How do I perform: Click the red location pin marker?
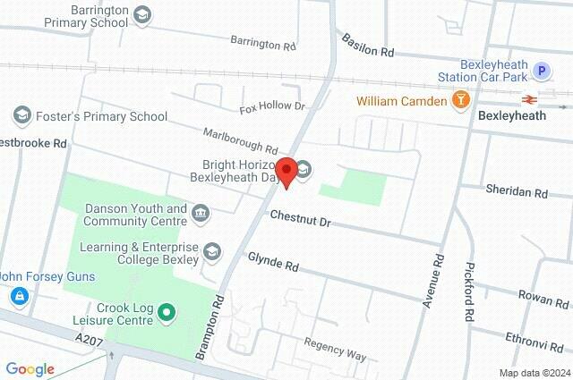(286, 171)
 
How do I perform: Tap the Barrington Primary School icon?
(142, 15)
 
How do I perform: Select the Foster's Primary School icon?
(21, 115)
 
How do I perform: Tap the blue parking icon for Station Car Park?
(541, 71)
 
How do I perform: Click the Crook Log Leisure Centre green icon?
(166, 313)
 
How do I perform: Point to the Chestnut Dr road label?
(300, 215)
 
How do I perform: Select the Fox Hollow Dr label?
(272, 108)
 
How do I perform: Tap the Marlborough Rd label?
(240, 139)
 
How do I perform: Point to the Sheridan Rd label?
(516, 191)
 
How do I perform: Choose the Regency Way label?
(335, 349)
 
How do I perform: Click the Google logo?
(30, 368)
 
